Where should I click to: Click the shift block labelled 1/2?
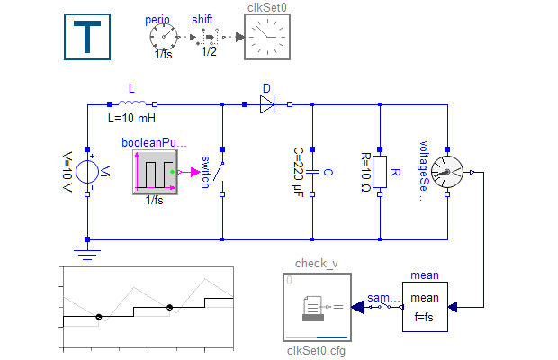coord(209,37)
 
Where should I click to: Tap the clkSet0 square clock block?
coord(268,37)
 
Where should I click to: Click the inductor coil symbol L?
coord(132,104)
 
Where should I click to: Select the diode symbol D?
coord(267,104)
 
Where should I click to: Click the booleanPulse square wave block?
coord(155,171)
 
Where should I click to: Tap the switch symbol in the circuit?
coord(222,172)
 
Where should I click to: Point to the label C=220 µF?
coord(298,172)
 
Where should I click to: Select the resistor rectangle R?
coord(380,171)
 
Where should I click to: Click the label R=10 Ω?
coord(364,172)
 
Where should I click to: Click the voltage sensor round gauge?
coord(447,171)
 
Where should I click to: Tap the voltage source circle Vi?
coord(87,171)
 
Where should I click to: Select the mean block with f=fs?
coord(425,307)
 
